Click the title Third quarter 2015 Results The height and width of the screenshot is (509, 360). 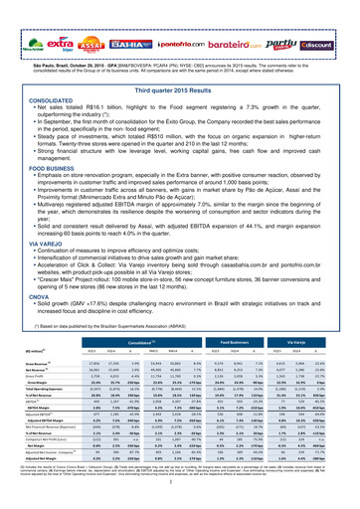pos(179,62)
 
